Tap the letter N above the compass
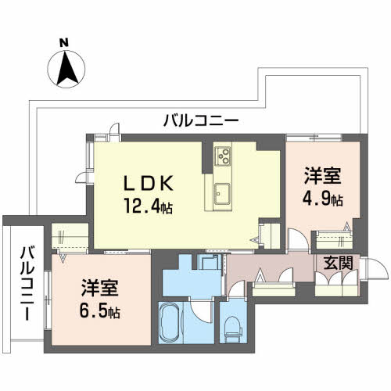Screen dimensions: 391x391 [66, 42]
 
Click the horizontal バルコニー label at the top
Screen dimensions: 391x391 [201, 120]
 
